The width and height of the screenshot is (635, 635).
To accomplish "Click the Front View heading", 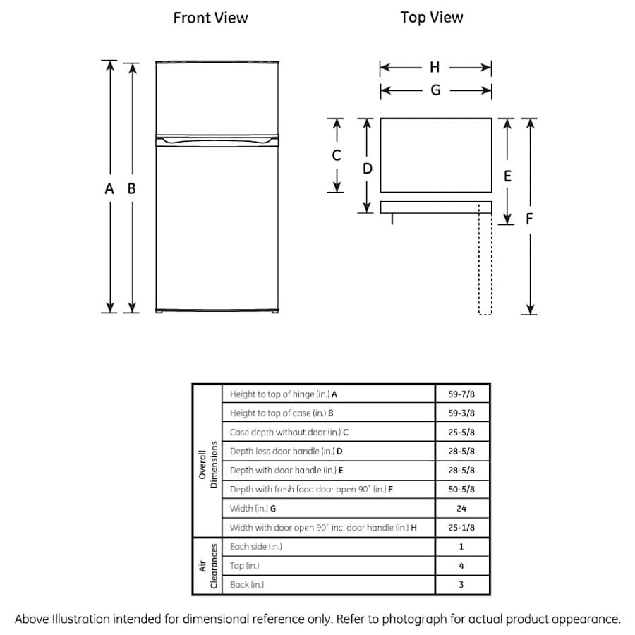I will click(x=210, y=18).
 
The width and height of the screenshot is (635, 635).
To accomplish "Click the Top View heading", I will click(x=432, y=18).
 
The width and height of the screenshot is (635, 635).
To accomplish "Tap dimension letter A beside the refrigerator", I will click(x=109, y=189).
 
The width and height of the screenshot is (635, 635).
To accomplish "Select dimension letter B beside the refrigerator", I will click(x=131, y=189).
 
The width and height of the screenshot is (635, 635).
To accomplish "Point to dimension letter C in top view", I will click(x=337, y=155).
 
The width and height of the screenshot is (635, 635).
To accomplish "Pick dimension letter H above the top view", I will click(x=435, y=68).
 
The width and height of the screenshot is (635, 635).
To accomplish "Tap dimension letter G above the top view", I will click(x=435, y=90).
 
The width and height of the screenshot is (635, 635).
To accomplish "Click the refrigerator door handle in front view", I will click(x=218, y=142).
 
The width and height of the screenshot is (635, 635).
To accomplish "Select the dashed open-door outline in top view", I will click(x=484, y=261).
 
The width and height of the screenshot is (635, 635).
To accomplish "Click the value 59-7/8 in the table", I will click(x=461, y=394).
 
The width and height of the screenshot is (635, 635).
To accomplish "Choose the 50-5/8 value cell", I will click(x=461, y=489).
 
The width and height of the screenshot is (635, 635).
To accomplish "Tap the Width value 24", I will click(x=461, y=508).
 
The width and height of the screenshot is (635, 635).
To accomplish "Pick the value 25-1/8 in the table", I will click(x=461, y=527).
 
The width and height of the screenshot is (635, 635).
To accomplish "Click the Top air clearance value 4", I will click(x=461, y=566).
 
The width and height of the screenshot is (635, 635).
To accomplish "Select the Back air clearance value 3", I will click(x=461, y=585).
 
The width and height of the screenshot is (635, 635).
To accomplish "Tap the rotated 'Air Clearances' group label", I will click(x=207, y=567).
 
